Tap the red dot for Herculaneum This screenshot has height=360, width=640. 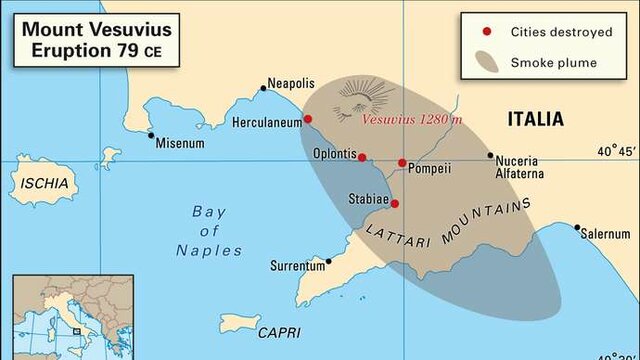(x=308, y=119)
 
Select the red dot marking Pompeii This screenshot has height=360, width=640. (x=402, y=163)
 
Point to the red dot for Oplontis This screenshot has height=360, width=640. (x=362, y=157)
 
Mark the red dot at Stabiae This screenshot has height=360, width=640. (x=395, y=204)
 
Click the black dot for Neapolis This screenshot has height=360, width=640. (x=264, y=88)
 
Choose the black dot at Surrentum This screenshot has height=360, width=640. (x=329, y=262)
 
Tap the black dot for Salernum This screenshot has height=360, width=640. (x=577, y=228)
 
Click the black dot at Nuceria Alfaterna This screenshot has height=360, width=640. (x=490, y=155)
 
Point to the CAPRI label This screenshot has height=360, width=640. (x=278, y=332)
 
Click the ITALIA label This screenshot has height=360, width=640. (x=535, y=119)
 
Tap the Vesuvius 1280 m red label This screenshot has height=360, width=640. (x=412, y=120)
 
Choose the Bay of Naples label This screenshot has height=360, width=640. (x=209, y=230)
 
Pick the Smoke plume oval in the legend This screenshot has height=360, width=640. (x=486, y=62)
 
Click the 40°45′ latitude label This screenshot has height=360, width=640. (x=616, y=152)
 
